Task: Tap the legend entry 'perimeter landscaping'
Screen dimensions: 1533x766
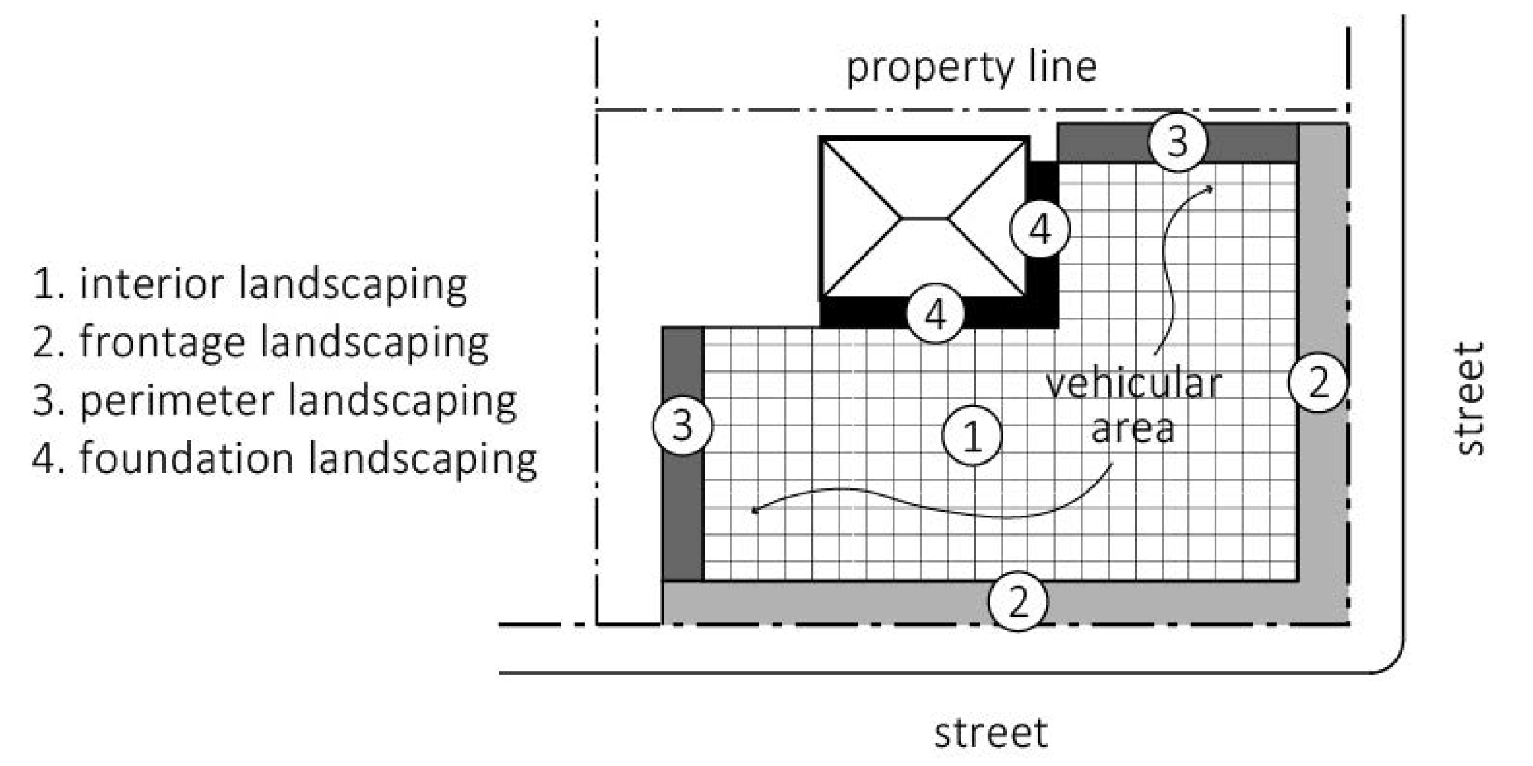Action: pyautogui.click(x=274, y=402)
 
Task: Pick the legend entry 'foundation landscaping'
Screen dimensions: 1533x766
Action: pyautogui.click(x=284, y=459)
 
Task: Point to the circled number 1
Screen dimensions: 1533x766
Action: pyautogui.click(x=972, y=435)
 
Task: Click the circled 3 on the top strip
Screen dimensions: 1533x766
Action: pyautogui.click(x=1177, y=141)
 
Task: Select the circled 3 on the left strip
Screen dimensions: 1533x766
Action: pyautogui.click(x=683, y=425)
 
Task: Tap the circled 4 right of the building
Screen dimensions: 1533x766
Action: pyautogui.click(x=1040, y=228)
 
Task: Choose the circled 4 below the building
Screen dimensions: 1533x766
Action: pyautogui.click(x=936, y=313)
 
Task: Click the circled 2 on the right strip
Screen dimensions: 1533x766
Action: pyautogui.click(x=1318, y=382)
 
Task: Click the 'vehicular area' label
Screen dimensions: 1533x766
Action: pyautogui.click(x=1133, y=406)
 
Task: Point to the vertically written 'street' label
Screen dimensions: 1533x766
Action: pyautogui.click(x=1469, y=399)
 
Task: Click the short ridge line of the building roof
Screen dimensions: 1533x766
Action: pyautogui.click(x=924, y=218)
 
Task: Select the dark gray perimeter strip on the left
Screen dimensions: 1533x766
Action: pyautogui.click(x=683, y=454)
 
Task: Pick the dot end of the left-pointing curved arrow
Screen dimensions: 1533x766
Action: pyautogui.click(x=755, y=510)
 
